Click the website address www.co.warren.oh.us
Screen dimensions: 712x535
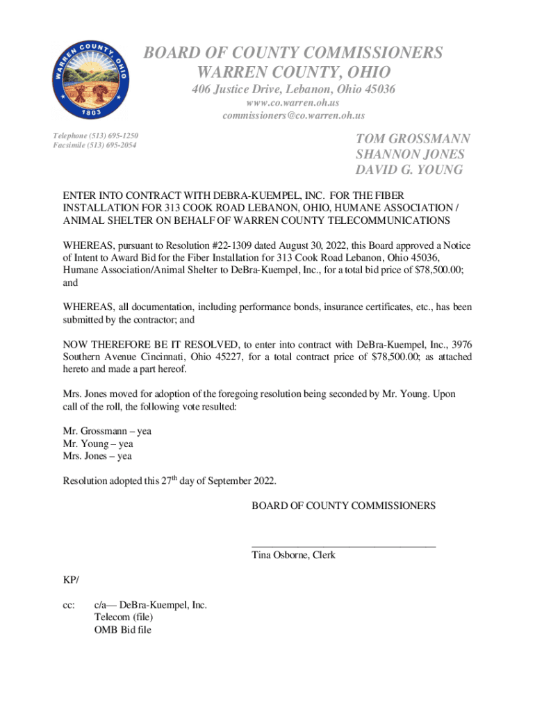click(x=293, y=103)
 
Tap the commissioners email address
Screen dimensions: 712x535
click(x=293, y=115)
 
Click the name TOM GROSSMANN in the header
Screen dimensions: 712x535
click(x=413, y=139)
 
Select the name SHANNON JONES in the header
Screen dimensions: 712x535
click(x=410, y=154)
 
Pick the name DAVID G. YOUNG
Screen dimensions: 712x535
click(x=409, y=170)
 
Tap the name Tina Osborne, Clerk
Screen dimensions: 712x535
click(x=293, y=555)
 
